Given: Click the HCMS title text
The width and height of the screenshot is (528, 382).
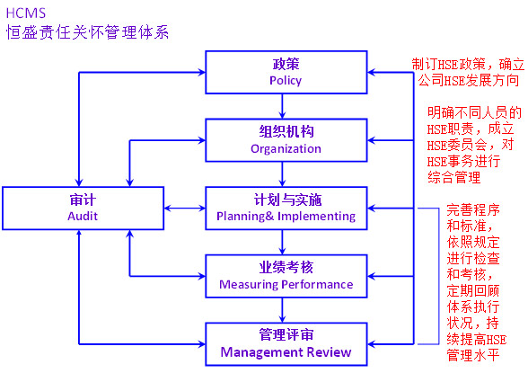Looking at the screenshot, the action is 26,13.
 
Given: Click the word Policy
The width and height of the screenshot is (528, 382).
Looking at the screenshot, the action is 286,81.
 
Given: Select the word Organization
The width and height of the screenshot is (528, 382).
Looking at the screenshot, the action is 286,148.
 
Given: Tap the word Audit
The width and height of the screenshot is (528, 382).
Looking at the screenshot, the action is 83,216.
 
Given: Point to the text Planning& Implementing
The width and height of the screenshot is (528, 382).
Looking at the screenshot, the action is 286,217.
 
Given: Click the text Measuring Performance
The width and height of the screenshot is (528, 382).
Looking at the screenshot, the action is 286,284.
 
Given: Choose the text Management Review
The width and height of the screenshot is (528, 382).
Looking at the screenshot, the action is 286,352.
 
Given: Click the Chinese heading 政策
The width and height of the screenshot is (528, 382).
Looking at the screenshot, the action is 286,64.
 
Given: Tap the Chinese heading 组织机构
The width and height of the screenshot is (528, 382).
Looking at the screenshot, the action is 286,131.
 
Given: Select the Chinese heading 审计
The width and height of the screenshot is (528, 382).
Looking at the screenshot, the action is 83,200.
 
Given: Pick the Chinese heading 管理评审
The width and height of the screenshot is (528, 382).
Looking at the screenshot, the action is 286,334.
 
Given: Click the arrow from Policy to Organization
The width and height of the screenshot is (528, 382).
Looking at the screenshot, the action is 282,106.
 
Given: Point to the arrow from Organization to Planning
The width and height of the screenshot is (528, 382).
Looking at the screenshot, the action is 282,174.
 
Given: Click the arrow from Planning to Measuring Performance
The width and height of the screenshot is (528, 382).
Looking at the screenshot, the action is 282,242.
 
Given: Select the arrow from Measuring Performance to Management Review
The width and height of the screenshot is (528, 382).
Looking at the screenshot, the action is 282,310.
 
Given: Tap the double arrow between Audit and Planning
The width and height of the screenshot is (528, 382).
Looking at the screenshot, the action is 185,208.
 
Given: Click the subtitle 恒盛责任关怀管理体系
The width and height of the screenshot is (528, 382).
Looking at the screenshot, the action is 87,32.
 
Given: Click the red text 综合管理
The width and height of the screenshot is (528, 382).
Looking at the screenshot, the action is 454,177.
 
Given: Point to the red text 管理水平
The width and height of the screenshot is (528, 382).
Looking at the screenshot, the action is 473,355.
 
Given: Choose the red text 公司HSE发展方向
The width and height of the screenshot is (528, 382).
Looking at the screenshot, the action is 469,81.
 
